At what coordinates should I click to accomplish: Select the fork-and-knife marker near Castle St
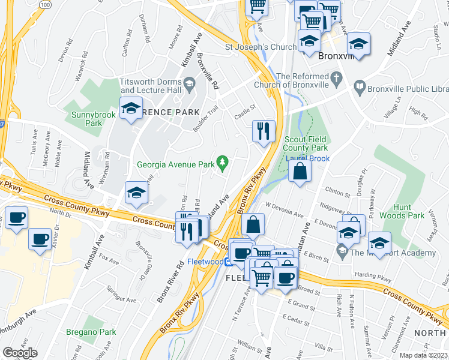point(263,131)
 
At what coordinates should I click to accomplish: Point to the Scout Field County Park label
point(306,143)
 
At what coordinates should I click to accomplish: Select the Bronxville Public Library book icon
point(360,87)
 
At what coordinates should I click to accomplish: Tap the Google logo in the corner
point(20,353)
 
